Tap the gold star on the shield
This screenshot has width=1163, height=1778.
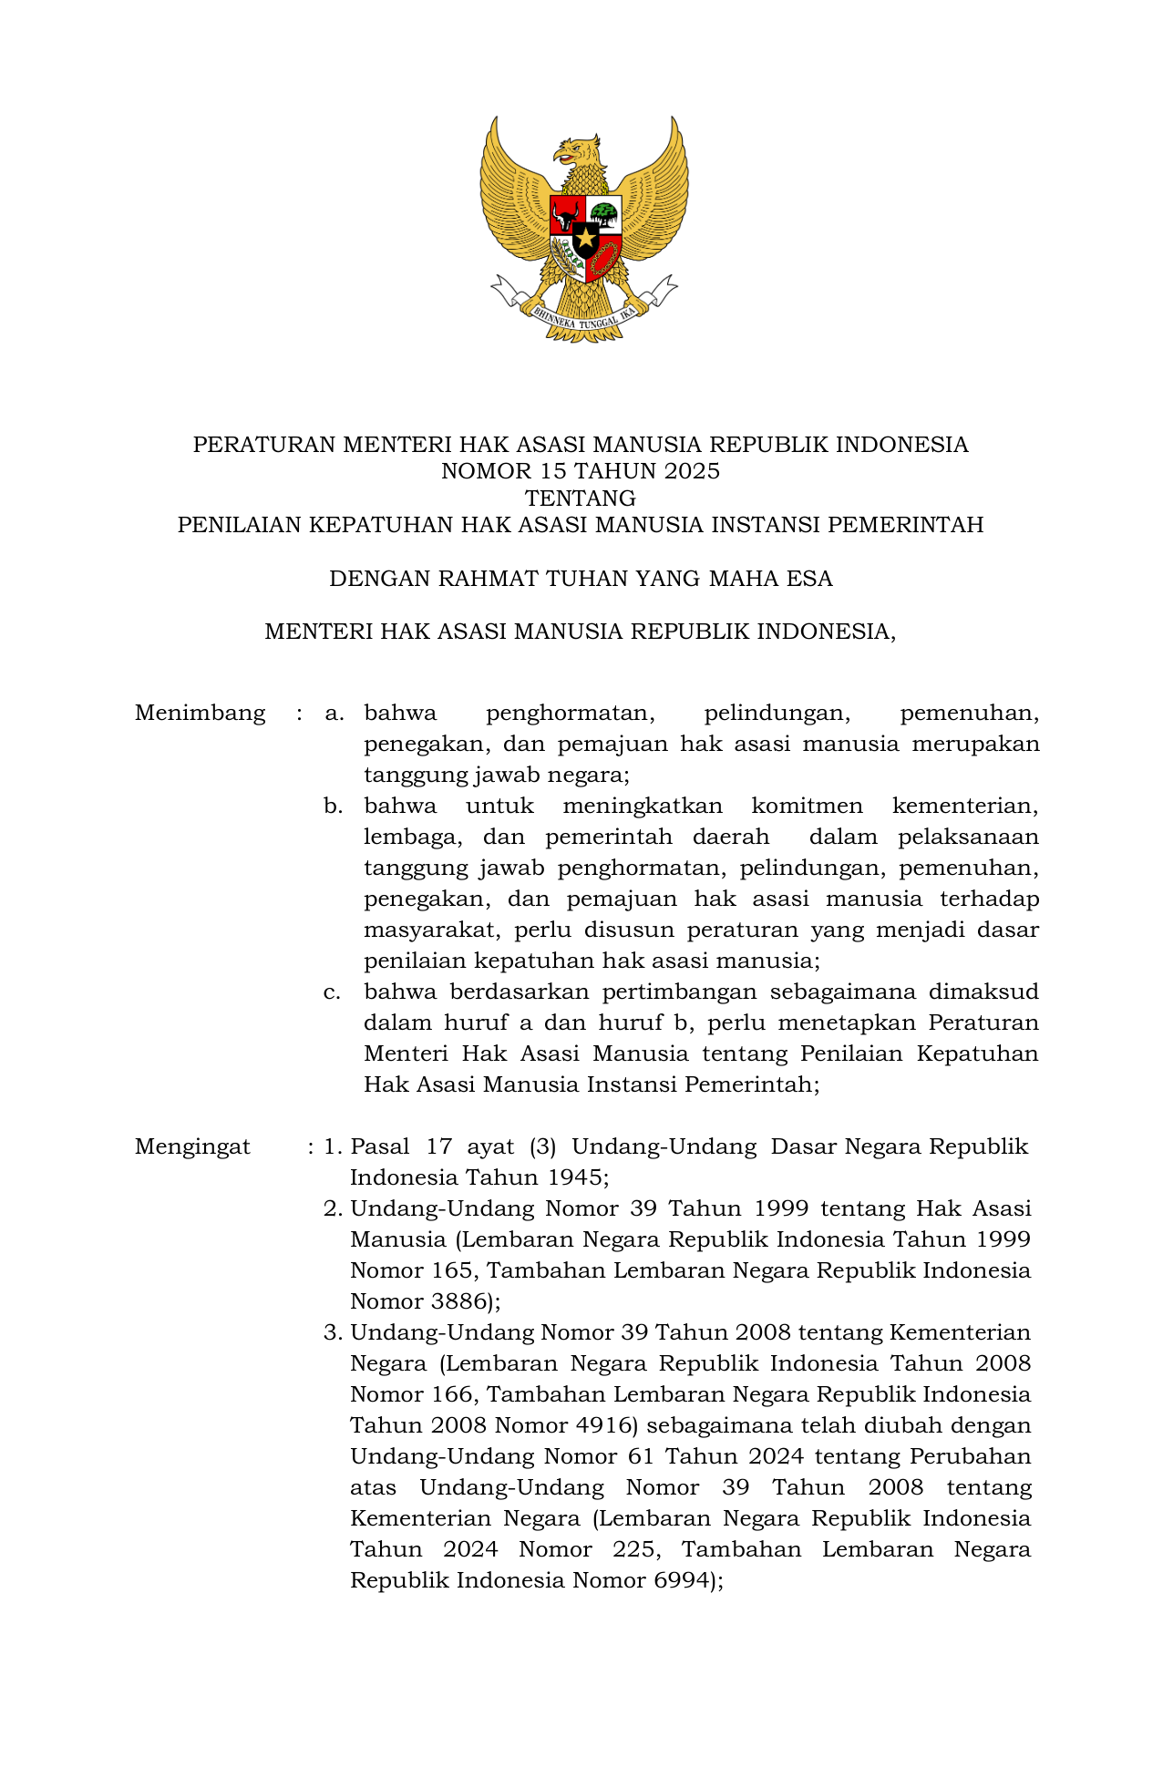coord(584,240)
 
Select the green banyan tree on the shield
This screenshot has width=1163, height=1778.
coord(603,215)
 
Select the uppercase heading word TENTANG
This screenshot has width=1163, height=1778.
coord(581,498)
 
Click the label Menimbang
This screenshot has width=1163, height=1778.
coord(200,713)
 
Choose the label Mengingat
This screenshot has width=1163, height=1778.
coord(192,1146)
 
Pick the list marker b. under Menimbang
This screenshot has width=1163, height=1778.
coord(333,806)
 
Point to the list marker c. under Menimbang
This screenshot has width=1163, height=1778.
coord(333,992)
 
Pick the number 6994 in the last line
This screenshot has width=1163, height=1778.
coord(682,1580)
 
